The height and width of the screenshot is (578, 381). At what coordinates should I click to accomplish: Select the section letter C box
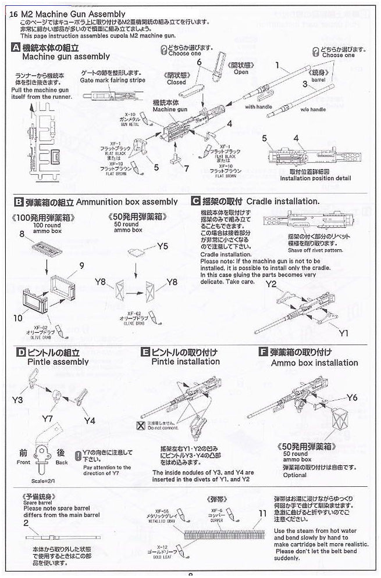click(195, 202)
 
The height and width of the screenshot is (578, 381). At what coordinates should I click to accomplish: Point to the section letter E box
click(145, 352)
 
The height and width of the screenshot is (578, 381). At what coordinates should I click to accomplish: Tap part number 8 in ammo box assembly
click(22, 234)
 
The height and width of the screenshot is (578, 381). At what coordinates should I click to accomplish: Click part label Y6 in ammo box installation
click(352, 397)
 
